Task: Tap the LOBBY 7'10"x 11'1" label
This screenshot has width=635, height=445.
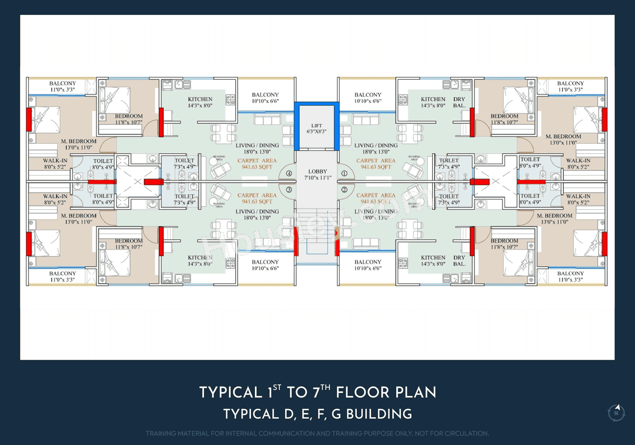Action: pyautogui.click(x=317, y=174)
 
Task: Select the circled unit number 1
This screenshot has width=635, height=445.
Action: pyautogui.click(x=344, y=173)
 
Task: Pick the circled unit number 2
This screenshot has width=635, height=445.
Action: pyautogui.click(x=344, y=189)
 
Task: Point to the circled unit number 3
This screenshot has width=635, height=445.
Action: pyautogui.click(x=289, y=189)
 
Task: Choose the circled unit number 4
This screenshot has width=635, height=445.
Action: pyautogui.click(x=289, y=173)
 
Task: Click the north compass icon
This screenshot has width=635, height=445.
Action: pyautogui.click(x=616, y=412)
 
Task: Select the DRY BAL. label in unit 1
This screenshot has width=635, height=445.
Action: pyautogui.click(x=459, y=102)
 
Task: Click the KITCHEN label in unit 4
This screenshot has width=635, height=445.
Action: pyautogui.click(x=200, y=100)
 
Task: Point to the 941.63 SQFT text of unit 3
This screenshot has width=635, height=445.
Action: pyautogui.click(x=257, y=202)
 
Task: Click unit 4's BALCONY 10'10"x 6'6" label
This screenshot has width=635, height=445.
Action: pyautogui.click(x=265, y=98)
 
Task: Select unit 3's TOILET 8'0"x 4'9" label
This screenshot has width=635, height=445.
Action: pyautogui.click(x=103, y=199)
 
